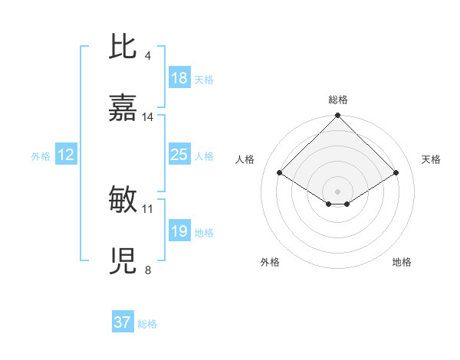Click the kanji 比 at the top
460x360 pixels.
[123, 47]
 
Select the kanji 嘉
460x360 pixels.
[123, 109]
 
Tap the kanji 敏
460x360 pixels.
[123, 200]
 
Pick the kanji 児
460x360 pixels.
[123, 262]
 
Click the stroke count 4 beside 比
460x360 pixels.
[147, 55]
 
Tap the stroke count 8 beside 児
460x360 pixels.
[147, 270]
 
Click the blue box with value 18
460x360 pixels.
[179, 78]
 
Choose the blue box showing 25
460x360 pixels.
[179, 155]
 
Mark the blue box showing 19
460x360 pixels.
[179, 231]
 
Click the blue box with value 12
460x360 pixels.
[66, 155]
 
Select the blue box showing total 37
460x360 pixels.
[123, 322]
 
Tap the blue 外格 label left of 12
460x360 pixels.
[41, 156]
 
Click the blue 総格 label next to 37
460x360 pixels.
[147, 324]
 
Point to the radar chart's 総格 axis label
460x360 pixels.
[338, 100]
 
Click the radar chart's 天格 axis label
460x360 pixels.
[432, 159]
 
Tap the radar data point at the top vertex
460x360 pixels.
[338, 116]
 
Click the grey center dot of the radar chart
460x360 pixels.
[338, 191]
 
